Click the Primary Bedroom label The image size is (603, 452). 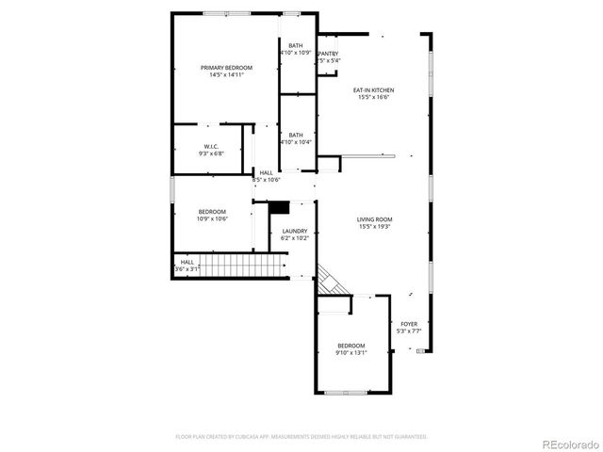pos(226,68)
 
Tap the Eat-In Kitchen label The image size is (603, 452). pos(373,90)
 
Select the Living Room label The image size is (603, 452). pos(374,219)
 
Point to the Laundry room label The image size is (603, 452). pos(295,232)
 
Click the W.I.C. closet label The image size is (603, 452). pos(211,146)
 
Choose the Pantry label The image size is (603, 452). pos(328,54)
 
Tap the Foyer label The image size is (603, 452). pos(409,323)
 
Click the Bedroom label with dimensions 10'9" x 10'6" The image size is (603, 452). pos(211,211)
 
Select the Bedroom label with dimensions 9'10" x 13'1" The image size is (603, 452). pos(350,346)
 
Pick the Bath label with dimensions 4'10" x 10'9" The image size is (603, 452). pos(296,46)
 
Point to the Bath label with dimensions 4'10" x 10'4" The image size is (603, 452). pos(296,135)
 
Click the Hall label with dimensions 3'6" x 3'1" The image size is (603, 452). pos(187,262)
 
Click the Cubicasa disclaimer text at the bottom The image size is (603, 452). pos(301,437)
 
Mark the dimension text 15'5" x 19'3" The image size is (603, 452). pos(374,226)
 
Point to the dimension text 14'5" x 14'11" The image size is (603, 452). pos(226,74)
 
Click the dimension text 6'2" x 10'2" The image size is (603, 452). pos(295,238)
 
